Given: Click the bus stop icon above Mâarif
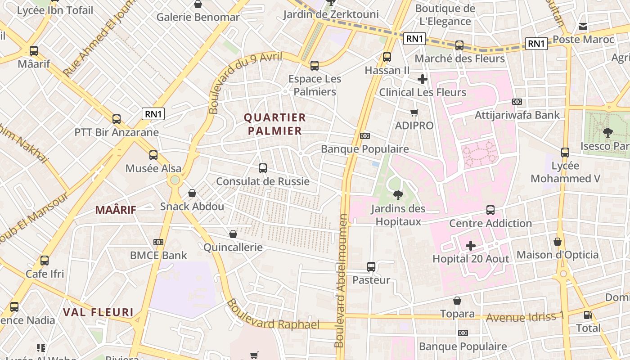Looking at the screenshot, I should [34, 51].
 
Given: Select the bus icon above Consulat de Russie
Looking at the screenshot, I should [263, 168].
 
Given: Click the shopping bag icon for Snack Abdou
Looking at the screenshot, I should [192, 193].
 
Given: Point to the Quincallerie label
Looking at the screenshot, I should [233, 247].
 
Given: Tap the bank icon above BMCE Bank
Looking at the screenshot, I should [158, 242].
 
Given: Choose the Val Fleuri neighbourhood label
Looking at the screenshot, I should [98, 312].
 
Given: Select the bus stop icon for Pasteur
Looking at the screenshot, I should [371, 267].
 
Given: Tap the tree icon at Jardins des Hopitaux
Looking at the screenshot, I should [398, 195].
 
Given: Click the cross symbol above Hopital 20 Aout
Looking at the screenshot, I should [471, 246].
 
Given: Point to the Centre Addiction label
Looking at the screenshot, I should [490, 223].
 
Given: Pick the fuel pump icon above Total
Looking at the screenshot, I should [588, 315].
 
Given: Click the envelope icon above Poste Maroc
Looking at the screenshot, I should [583, 27].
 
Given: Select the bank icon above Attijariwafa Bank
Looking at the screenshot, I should [517, 102].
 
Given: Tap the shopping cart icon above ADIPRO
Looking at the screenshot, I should [414, 112].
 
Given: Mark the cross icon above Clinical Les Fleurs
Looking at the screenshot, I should [422, 80].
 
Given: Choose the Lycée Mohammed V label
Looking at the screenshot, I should [565, 172].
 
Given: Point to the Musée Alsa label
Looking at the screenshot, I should [153, 168].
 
